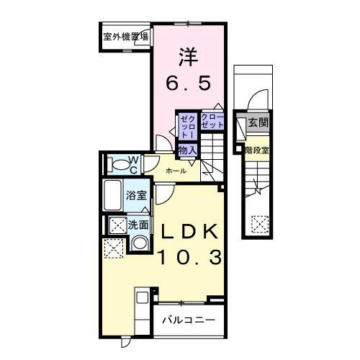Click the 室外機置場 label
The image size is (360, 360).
[125, 36]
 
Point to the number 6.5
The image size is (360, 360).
[189, 84]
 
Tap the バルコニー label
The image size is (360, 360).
[188, 319]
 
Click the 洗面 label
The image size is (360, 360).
[138, 224]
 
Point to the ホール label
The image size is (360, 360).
[176, 171]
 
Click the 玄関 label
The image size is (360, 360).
[258, 123]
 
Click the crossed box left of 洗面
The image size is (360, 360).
[116, 225]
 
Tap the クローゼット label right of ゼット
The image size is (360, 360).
[212, 121]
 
